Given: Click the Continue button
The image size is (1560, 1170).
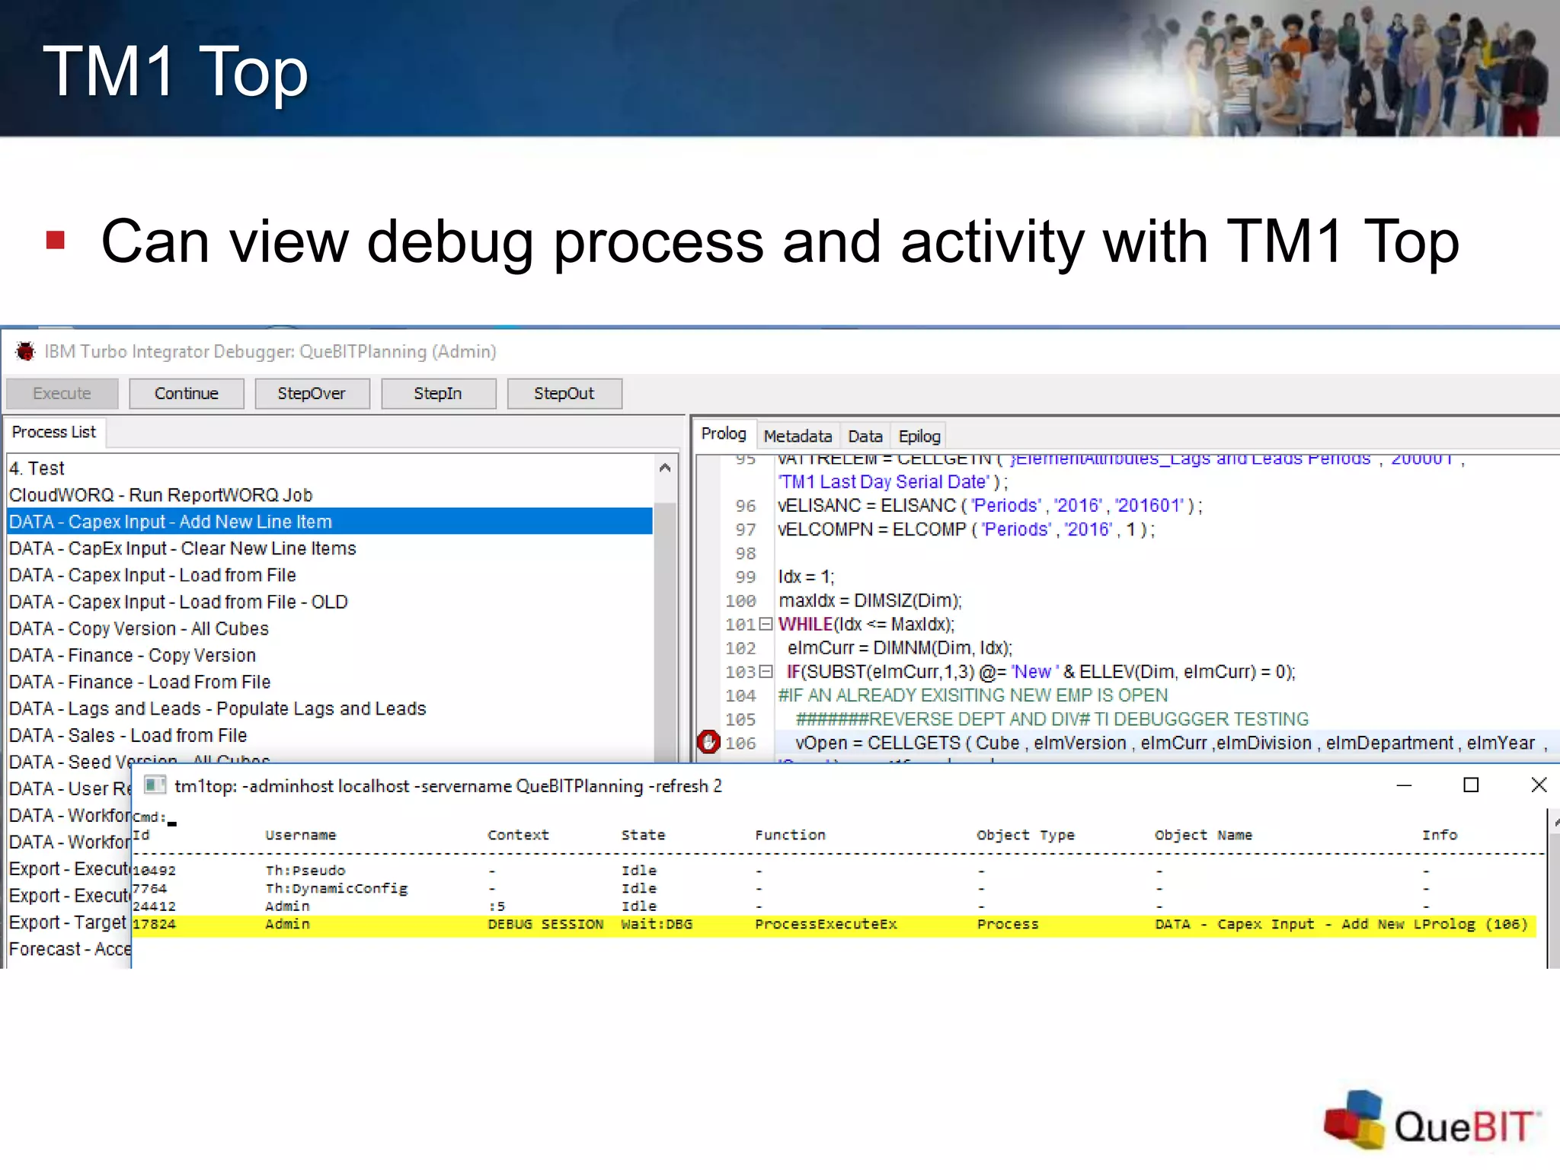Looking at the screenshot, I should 187,394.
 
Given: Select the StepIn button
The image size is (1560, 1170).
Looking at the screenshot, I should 438,394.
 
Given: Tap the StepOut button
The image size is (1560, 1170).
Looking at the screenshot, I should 564,394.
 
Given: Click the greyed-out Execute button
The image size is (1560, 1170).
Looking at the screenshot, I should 62,394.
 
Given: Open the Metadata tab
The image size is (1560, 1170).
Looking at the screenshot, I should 798,436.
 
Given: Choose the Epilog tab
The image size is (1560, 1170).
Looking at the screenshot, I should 919,436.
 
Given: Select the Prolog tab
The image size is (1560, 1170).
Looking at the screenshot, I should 724,434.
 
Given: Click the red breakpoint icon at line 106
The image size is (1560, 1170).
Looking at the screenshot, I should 708,742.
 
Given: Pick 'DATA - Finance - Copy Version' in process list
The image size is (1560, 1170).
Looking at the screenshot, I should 133,655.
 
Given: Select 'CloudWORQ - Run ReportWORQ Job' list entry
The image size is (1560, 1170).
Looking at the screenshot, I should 161,495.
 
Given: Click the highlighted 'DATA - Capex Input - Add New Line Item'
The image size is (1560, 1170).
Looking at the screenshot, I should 171,522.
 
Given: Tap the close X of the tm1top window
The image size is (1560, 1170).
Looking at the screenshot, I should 1539,785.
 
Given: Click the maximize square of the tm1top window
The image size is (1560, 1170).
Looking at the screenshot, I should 1471,785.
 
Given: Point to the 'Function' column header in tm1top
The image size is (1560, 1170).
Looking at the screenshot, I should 790,835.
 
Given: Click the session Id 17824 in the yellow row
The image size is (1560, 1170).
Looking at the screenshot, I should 154,925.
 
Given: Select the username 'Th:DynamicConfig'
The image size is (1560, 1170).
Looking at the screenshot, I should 336,889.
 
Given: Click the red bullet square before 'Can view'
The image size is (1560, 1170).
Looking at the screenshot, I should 55,241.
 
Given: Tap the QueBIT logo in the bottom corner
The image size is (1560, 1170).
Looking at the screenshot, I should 1432,1121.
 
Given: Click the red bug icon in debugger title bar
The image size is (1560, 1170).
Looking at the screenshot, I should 25,351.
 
